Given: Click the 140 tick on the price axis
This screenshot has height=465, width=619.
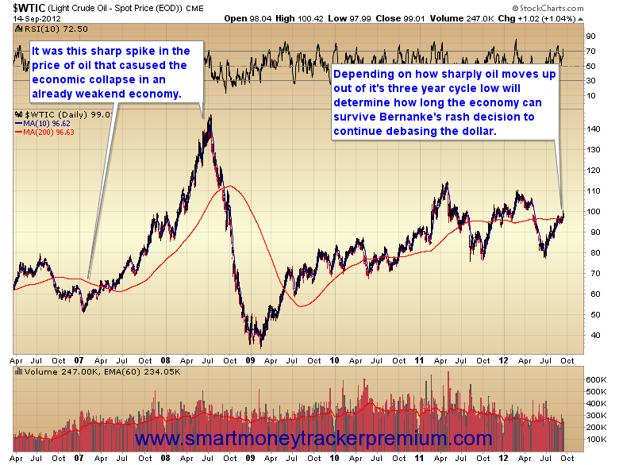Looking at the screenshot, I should tap(590, 129).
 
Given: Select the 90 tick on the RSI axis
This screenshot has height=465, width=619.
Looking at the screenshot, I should tap(590, 37).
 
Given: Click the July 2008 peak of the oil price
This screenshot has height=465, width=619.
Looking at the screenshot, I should tap(210, 118).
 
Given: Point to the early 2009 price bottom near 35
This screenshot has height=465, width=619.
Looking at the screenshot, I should tap(261, 344).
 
